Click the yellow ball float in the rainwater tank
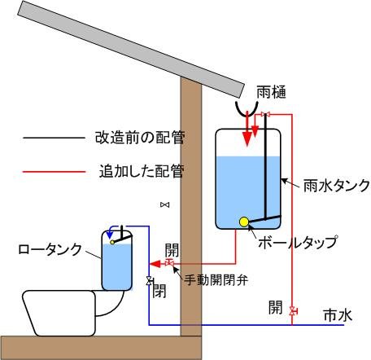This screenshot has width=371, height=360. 244,222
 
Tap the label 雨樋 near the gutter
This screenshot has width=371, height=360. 271,92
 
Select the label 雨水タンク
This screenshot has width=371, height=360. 336,186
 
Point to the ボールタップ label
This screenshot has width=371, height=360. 297,242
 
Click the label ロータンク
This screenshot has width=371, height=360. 50,249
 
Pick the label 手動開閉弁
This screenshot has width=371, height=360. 216,279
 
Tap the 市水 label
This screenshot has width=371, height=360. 338,315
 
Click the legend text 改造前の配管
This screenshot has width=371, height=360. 140,138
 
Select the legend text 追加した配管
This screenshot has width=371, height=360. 142,171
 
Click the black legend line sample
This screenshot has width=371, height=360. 55,138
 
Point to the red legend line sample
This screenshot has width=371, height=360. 55,172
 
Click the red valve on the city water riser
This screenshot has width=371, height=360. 292,310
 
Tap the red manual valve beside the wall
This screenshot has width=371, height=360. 169,262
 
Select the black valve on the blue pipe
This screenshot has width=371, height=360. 149,281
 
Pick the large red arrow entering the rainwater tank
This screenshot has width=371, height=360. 247,129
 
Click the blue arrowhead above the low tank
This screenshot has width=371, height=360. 110,233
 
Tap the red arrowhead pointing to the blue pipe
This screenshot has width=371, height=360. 155,263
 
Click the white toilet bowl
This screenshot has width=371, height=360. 73,313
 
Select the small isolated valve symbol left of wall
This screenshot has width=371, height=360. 164,204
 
